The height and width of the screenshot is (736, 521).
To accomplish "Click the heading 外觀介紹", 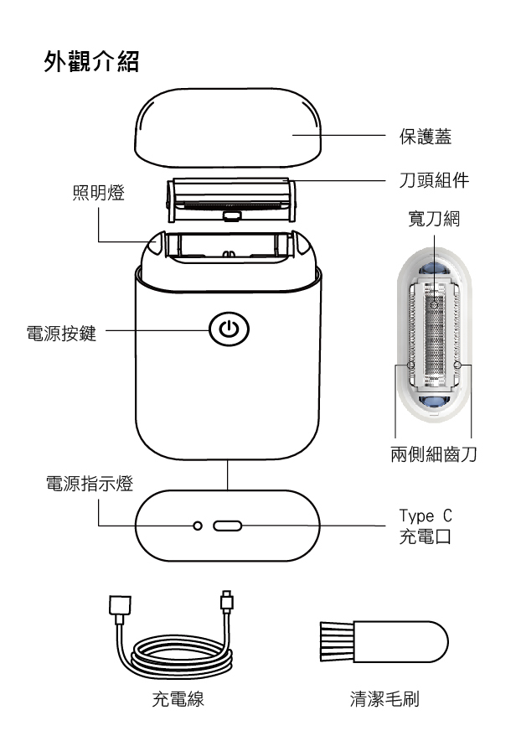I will [97, 63].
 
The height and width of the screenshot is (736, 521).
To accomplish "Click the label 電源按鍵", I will [62, 330].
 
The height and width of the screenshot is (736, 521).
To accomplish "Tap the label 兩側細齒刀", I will [433, 452].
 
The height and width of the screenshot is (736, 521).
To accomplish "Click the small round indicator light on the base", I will [198, 526].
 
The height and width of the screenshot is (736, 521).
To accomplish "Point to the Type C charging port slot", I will [228, 526].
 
